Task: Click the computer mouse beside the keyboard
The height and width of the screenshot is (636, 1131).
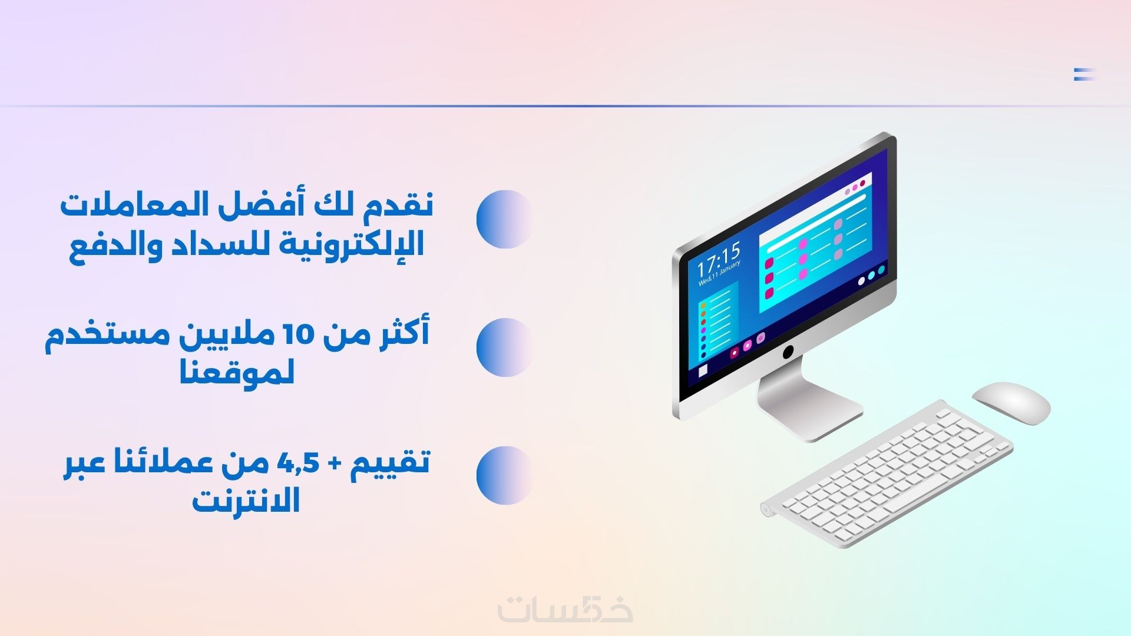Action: coord(1011,403)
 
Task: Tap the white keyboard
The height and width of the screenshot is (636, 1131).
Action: coord(887,474)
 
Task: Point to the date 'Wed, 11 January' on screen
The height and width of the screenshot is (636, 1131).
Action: coord(719,273)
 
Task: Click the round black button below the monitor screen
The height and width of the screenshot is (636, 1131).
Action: coord(788,352)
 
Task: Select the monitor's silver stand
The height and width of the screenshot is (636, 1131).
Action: coord(810,406)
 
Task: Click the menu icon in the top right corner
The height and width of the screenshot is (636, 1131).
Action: coord(1084,74)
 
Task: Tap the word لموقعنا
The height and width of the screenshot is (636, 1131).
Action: coord(237,372)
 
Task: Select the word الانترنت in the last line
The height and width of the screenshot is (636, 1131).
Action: coord(246,500)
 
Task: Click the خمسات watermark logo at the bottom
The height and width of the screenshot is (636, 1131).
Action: coord(565,608)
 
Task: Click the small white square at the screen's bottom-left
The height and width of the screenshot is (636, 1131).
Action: coord(703,371)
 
